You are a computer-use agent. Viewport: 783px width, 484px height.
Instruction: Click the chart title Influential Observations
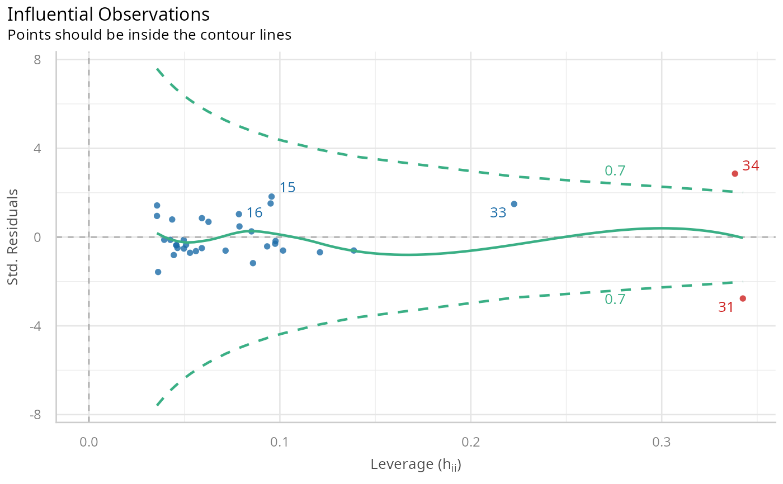point(109,15)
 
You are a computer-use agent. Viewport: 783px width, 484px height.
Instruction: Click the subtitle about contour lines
point(149,35)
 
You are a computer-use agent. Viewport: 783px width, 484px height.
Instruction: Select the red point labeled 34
point(735,173)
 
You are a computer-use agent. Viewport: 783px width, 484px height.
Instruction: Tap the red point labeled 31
point(743,298)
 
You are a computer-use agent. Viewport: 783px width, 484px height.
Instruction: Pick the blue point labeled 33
point(514,204)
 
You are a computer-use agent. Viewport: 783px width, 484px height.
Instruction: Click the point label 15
point(287,188)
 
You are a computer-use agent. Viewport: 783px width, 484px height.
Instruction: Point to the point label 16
point(254,213)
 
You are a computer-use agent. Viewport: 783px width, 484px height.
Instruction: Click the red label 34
point(751,166)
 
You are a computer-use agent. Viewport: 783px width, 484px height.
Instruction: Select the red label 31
point(726,307)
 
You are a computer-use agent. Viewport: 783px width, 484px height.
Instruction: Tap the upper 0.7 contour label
point(615,171)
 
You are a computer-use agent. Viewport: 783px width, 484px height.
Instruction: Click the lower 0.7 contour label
point(615,300)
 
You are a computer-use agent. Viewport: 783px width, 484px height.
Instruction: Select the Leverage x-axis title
point(416,464)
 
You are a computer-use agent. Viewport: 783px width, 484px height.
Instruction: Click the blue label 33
point(498,213)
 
